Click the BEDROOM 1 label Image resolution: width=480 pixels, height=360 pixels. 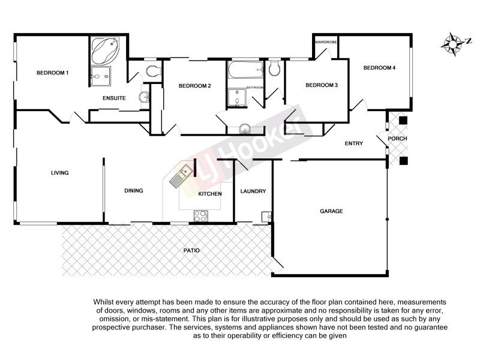pyautogui.click(x=53, y=73)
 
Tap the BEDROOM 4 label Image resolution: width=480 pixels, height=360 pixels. pyautogui.click(x=379, y=68)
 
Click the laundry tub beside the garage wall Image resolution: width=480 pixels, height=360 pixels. pyautogui.click(x=265, y=217)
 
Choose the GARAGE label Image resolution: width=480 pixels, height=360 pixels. pyautogui.click(x=331, y=211)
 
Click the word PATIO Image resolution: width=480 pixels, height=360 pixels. pyautogui.click(x=192, y=250)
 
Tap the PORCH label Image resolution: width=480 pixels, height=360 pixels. pyautogui.click(x=397, y=139)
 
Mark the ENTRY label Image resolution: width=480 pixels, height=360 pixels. pyautogui.click(x=353, y=143)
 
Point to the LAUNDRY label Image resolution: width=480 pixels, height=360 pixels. pyautogui.click(x=253, y=191)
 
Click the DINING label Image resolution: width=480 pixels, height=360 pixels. pyautogui.click(x=133, y=191)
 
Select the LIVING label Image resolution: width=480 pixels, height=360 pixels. pyautogui.click(x=59, y=173)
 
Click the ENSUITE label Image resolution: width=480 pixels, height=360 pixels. pyautogui.click(x=113, y=98)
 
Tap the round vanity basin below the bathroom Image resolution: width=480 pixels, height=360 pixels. pyautogui.click(x=245, y=128)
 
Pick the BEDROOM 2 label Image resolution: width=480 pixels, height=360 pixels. pyautogui.click(x=194, y=86)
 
